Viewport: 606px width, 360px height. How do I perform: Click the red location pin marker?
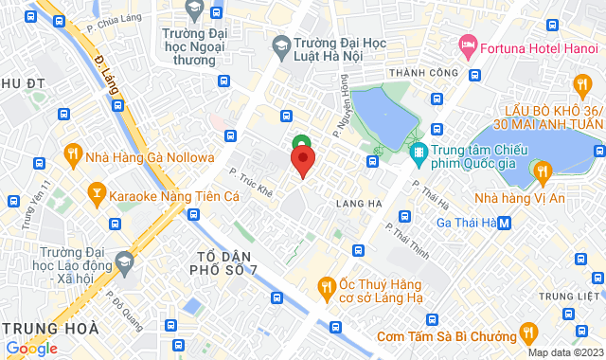click(302, 161)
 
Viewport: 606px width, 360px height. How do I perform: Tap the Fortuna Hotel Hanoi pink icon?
click(467, 44)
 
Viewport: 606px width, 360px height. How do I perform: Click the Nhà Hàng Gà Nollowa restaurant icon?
click(73, 153)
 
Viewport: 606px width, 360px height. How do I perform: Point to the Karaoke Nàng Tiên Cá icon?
click(96, 195)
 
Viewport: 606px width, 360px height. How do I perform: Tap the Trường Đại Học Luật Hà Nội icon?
click(280, 44)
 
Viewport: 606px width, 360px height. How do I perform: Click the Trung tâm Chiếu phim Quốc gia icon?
click(418, 151)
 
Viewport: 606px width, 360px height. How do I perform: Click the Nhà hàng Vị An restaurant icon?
click(543, 172)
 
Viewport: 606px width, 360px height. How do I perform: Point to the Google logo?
click(31, 348)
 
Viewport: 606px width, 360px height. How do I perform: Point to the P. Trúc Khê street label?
click(251, 182)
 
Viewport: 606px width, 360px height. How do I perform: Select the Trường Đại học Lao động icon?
click(124, 260)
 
